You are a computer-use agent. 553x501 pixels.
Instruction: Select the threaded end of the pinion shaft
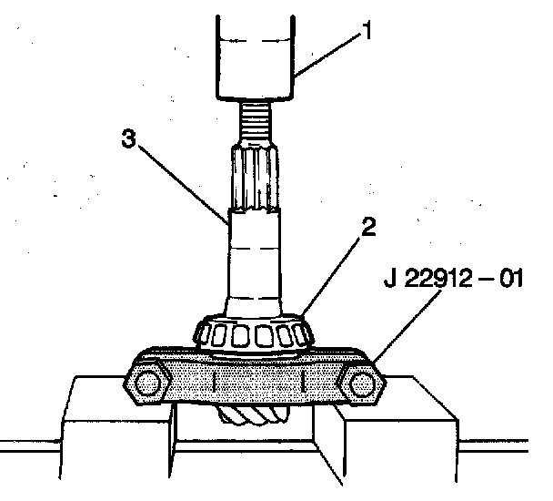[x=254, y=118]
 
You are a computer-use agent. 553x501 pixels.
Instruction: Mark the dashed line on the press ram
[x=255, y=41]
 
